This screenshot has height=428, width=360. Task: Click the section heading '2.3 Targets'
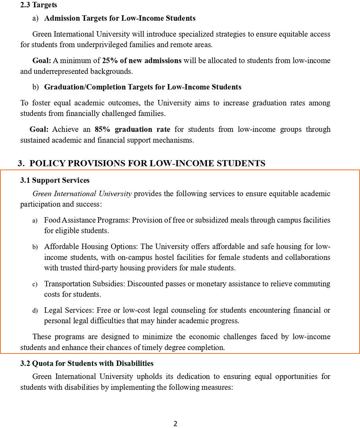tap(39, 5)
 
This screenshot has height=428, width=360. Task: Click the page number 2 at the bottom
tap(175, 423)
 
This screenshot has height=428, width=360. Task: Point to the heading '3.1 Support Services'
tap(55, 180)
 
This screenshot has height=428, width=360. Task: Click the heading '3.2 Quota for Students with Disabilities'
tap(87, 363)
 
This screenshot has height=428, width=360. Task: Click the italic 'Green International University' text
tap(82, 194)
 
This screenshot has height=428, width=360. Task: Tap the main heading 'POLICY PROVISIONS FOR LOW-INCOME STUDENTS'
tap(147, 163)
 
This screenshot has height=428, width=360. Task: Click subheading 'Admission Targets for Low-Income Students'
tap(119, 18)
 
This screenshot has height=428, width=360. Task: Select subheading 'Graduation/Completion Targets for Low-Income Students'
tap(142, 87)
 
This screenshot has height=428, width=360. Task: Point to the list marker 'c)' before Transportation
tap(35, 284)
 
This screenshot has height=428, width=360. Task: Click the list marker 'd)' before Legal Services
tap(35, 311)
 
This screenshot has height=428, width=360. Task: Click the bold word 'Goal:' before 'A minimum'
tap(42, 61)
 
